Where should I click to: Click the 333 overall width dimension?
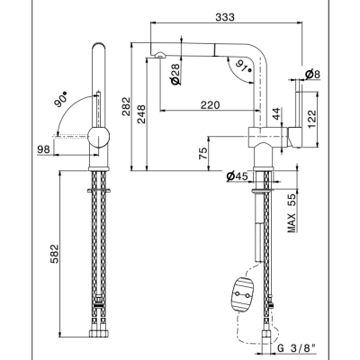coord(225,17)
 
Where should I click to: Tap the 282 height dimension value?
coord(126,106)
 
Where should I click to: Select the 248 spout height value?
coord(141,114)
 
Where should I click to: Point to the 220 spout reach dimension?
coord(210,105)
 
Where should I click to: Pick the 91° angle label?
coord(243,66)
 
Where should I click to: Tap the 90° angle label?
coord(60,100)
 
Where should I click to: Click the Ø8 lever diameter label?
coord(313,74)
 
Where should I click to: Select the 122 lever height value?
coord(312,119)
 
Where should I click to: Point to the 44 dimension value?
coord(277,113)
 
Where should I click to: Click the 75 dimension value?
coord(203,153)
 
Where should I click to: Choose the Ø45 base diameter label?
coord(238,176)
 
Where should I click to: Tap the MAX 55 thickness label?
coord(292,213)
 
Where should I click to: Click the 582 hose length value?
coord(54,254)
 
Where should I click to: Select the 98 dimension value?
coord(43,149)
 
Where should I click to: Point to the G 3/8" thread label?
coord(296,348)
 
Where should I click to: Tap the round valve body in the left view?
coord(98,137)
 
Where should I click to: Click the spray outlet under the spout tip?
coord(160,55)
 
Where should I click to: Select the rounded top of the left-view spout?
coord(99,46)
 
